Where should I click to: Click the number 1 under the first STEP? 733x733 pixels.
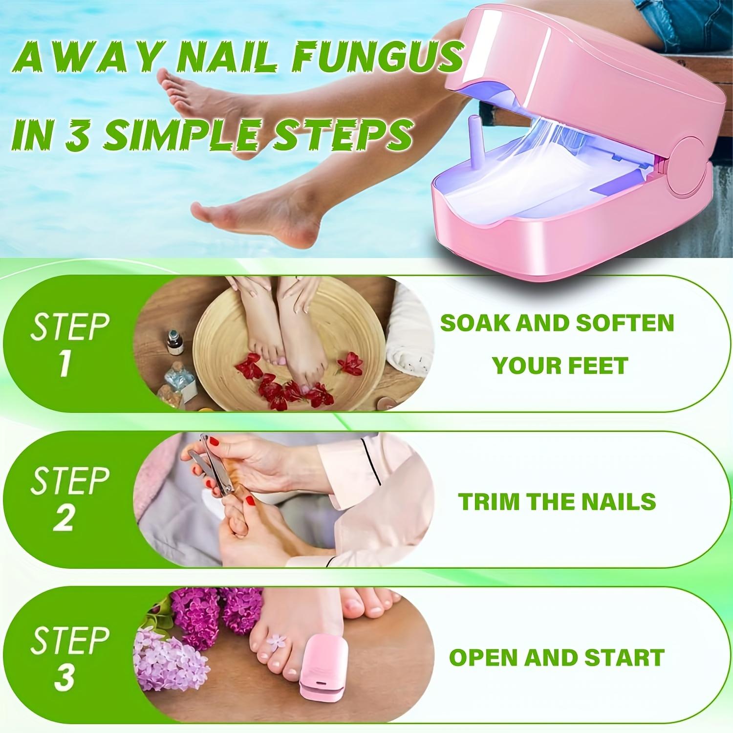65,364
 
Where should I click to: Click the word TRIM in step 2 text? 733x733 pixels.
488,502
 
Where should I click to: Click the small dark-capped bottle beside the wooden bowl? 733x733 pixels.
173,342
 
